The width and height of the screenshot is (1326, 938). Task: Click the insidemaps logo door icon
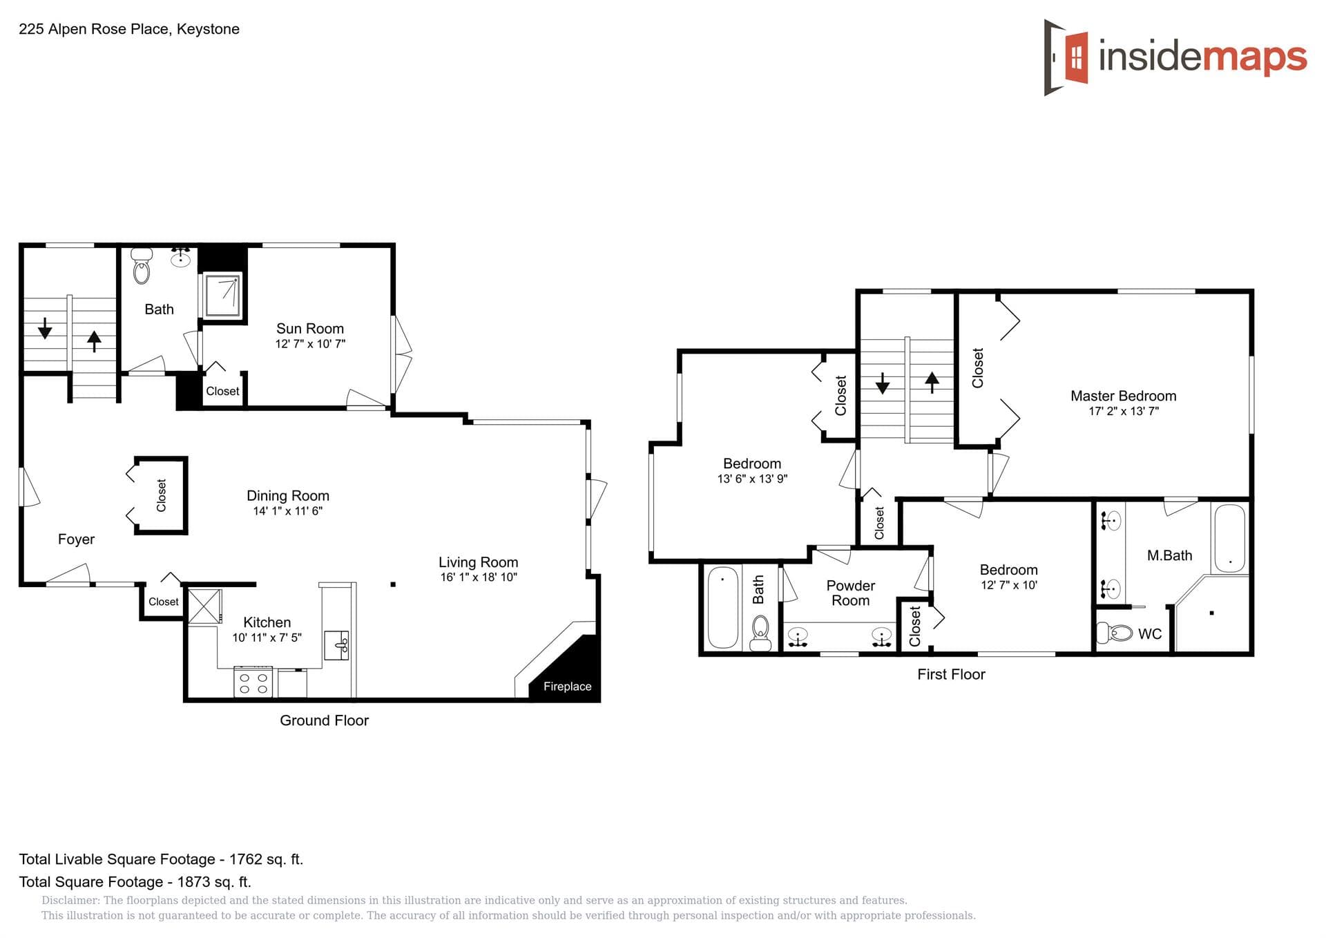tap(1066, 57)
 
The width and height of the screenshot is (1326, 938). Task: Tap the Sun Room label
tap(309, 329)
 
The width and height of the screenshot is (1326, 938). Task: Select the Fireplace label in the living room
tap(567, 687)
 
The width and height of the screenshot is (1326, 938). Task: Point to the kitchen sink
tap(338, 645)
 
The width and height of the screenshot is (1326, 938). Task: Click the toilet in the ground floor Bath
tap(142, 267)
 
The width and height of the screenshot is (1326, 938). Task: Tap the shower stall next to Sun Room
tap(222, 296)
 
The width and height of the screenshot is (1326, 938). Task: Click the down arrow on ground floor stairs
tap(45, 328)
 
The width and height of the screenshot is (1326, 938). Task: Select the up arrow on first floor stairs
tap(932, 382)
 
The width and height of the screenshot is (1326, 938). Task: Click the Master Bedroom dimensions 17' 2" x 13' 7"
tap(1123, 412)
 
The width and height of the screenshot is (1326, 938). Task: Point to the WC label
tap(1149, 634)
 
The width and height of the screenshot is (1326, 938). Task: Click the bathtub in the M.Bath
tap(1229, 538)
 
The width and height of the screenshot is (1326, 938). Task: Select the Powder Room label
tap(850, 593)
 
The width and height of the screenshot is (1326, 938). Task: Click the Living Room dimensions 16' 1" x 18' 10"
tap(478, 577)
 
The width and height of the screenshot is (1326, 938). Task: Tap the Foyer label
tap(76, 539)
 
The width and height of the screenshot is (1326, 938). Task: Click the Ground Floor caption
tap(324, 720)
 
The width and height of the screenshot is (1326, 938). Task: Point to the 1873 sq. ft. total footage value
tap(214, 882)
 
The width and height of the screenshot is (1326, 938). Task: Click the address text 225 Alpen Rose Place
tap(93, 29)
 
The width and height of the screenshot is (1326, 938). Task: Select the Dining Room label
tap(287, 496)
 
